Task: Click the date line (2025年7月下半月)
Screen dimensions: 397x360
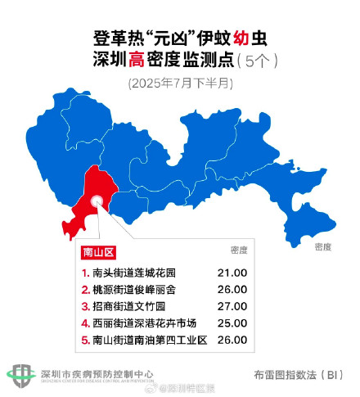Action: click(180, 83)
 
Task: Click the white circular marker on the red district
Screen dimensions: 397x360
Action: click(97, 200)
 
